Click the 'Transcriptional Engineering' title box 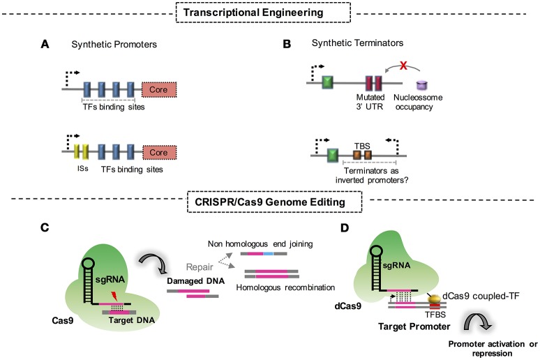(x=269, y=12)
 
